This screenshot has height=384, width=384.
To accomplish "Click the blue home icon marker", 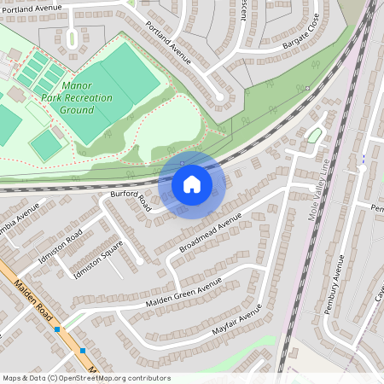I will tap(192, 183).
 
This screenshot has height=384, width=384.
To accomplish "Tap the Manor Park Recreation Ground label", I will tap(77, 98).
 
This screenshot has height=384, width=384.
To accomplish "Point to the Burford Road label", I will tap(131, 201).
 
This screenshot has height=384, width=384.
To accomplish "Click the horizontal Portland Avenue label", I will tap(32, 9).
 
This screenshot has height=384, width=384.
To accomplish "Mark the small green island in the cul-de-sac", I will tap(314, 135).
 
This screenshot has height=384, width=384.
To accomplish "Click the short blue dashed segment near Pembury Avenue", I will tap(364, 158).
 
